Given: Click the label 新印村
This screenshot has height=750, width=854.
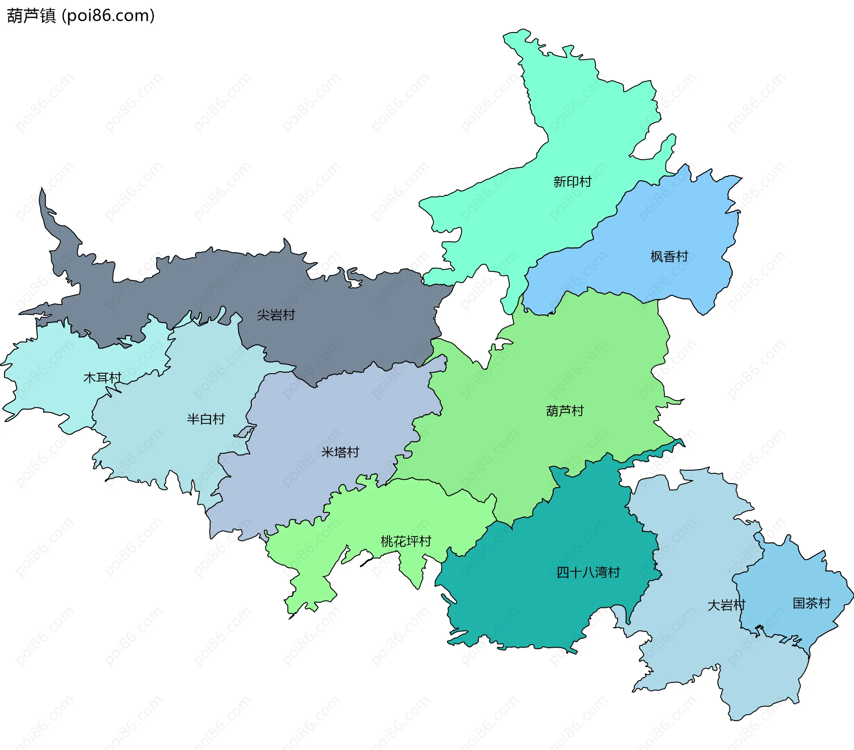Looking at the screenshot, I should pos(572,181).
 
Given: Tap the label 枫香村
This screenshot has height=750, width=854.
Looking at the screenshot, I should pos(669,256).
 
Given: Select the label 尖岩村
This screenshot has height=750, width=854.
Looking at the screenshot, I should pos(276,315).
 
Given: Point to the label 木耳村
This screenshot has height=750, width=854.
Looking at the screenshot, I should pos(102,378).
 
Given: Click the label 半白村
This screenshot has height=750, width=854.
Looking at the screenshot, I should pos(205,419).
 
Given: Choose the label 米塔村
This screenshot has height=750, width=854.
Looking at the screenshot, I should pos(340,452).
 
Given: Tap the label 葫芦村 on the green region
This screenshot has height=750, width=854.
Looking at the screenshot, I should pos(564,411).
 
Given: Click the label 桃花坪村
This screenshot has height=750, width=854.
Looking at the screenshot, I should pos(406,541).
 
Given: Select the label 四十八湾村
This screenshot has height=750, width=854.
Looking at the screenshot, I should pos(588,572).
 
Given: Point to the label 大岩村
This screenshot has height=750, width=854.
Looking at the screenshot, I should pos(726,605).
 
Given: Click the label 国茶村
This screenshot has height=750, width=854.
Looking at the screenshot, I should pos(811,603).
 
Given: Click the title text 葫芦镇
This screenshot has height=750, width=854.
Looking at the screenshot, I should pos(31,16).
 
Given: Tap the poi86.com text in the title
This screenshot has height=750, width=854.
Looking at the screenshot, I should pos(108,16).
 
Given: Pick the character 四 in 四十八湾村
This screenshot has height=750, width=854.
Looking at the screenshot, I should pos(563,572).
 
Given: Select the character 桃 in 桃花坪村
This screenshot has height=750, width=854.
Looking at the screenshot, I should pos(387,541).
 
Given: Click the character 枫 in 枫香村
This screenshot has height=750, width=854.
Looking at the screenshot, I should pos(657,256).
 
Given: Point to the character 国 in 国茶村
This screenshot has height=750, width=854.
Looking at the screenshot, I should pos(799,603).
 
